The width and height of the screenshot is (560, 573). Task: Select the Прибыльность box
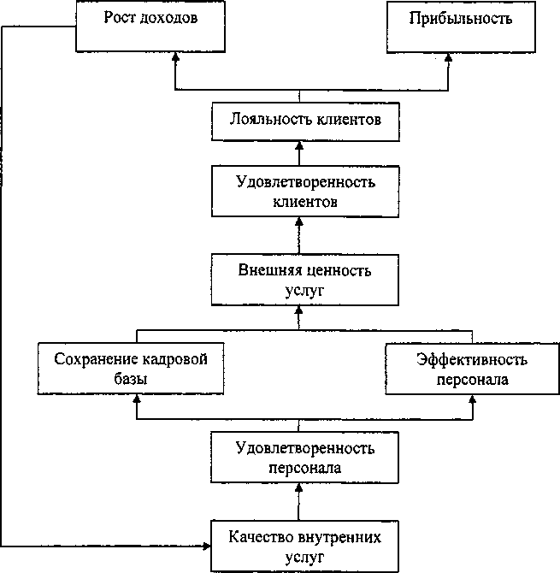pos(449,25)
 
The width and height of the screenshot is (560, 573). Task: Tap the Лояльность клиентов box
pos(303,121)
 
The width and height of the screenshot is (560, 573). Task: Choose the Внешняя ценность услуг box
pos(303,281)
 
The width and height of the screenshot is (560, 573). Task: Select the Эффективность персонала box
pos(471,368)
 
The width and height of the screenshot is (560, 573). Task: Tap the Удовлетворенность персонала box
pos(303,458)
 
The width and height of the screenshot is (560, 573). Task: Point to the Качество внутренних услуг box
pos(303,546)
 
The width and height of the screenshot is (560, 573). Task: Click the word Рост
pos(119,17)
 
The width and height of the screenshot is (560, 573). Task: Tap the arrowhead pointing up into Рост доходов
pos(175,56)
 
